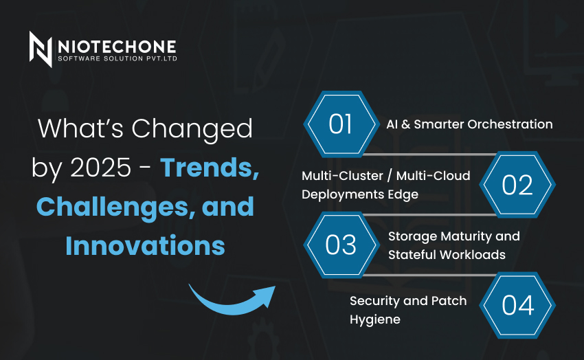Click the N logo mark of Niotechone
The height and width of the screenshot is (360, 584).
point(41,49)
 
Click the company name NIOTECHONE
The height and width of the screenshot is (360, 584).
point(117,47)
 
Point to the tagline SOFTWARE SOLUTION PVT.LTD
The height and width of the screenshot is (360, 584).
point(117,58)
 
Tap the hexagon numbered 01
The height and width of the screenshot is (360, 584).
point(341,124)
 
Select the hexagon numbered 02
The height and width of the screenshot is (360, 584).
point(517,184)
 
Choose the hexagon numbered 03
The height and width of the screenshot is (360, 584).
point(341,245)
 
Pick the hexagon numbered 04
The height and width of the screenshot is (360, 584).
point(517,305)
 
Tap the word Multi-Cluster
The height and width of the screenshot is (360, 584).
point(342,176)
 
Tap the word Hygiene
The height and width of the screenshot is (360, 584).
point(375,319)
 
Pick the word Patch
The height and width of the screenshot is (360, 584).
point(449,301)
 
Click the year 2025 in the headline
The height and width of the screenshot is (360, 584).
point(100,167)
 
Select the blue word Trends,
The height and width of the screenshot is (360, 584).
point(210,168)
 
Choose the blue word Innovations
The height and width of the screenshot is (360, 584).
point(145,246)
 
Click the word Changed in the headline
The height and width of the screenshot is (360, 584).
point(192,129)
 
